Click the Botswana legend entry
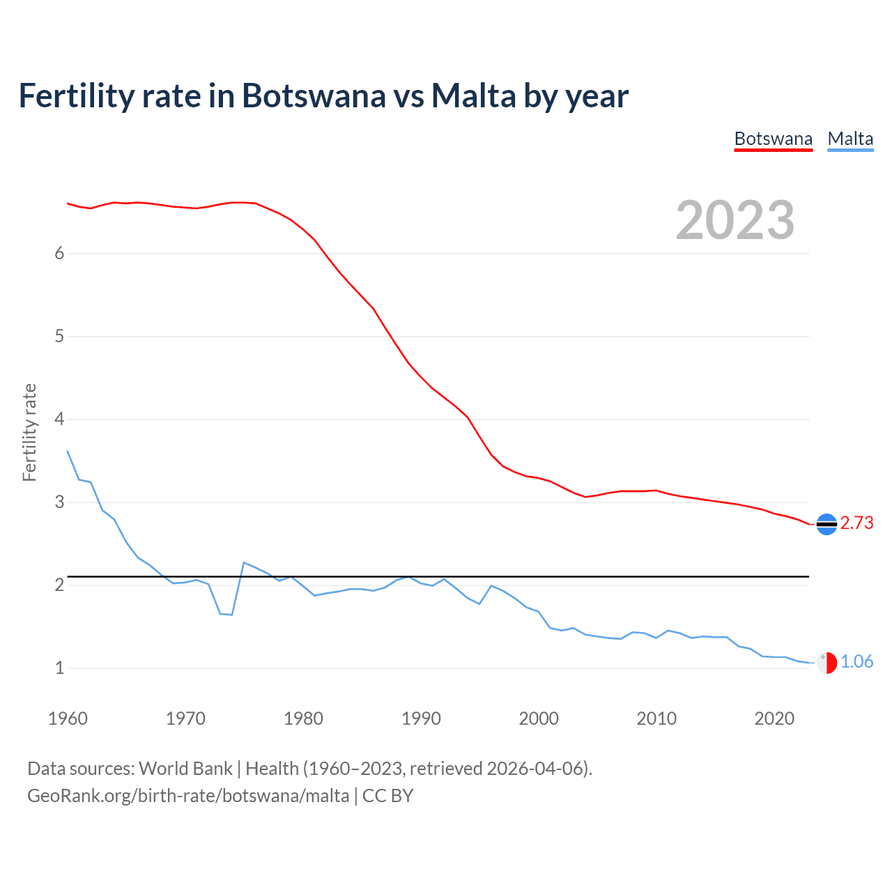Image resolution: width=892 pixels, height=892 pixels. [x=773, y=139]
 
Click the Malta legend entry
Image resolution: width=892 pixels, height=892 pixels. [x=850, y=139]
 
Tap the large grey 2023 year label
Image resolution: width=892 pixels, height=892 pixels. [x=735, y=220]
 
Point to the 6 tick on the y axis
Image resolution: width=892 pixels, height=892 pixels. [x=59, y=254]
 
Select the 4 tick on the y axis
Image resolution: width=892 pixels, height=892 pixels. [x=59, y=420]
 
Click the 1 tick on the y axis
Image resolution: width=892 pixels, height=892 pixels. [x=59, y=668]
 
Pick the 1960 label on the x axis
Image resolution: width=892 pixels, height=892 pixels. [x=68, y=718]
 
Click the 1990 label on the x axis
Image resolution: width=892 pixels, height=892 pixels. [x=421, y=718]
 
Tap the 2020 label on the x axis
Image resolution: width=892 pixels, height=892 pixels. [x=774, y=718]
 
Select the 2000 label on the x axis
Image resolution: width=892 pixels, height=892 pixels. [x=539, y=718]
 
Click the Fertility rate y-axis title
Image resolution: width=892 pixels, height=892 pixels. [x=29, y=432]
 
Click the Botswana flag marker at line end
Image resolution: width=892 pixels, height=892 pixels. [x=826, y=524]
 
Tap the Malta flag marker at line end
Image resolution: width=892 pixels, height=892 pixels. [x=826, y=663]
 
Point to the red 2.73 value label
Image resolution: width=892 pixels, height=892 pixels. [x=856, y=523]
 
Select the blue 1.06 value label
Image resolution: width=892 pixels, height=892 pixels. [x=856, y=661]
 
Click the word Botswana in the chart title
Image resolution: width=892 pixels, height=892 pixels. [x=313, y=95]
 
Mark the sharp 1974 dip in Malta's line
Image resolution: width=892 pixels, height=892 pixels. [x=231, y=615]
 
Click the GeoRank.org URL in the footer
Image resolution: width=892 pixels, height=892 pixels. [x=188, y=796]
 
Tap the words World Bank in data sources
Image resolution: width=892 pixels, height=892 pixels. [x=185, y=769]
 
